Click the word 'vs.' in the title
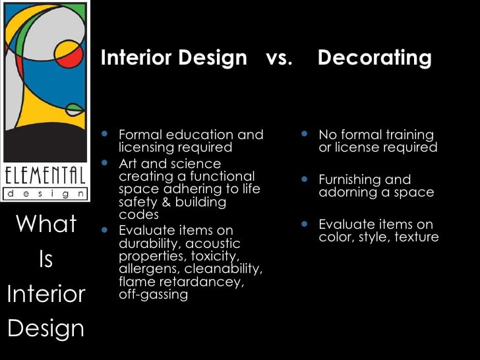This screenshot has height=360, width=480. click(279, 58)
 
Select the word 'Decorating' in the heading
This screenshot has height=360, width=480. click(375, 58)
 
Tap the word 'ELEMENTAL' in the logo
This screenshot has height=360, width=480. click(45, 176)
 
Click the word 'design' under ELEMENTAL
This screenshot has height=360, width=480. click(45, 194)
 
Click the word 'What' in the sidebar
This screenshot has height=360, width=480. click(45, 224)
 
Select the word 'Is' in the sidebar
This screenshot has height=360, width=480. click(45, 259)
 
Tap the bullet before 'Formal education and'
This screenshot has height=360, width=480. click(105, 134)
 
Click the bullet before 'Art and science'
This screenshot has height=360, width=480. click(105, 162)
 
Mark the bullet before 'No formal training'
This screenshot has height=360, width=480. click(304, 134)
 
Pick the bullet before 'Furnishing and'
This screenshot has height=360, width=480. click(304, 179)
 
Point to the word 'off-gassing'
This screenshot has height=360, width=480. click(153, 294)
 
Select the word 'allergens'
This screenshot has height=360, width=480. click(149, 269)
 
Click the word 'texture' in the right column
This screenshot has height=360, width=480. click(417, 237)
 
